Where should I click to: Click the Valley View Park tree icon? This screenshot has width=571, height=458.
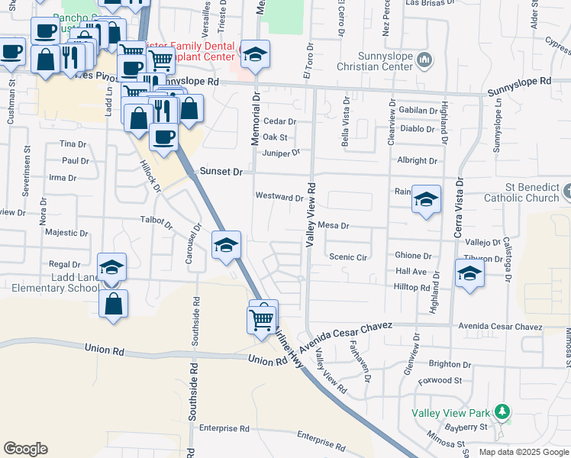502,412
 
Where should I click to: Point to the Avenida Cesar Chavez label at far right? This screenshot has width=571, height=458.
500,327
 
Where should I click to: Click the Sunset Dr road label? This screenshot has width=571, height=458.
221,172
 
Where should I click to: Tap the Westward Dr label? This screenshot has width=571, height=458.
279,197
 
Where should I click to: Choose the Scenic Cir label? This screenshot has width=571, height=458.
347,257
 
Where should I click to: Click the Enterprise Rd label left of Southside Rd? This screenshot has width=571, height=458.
224,428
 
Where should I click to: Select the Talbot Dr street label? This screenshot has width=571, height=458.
157,223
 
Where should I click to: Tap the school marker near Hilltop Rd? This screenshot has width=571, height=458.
469,274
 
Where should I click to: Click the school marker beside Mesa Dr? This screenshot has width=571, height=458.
426,200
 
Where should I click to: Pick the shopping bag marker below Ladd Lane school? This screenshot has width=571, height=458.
113,304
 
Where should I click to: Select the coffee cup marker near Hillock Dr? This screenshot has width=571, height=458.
163,137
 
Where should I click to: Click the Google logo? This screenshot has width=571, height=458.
25,449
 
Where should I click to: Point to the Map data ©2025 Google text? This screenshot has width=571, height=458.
523,452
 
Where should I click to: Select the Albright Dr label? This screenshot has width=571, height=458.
417,161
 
